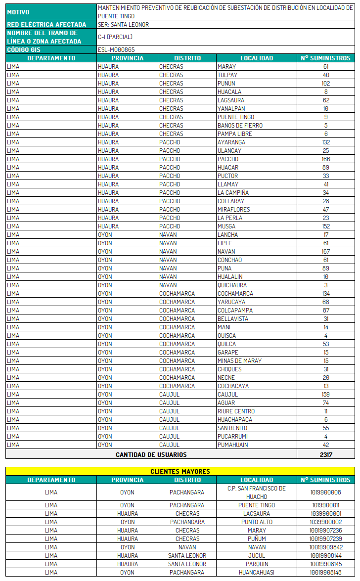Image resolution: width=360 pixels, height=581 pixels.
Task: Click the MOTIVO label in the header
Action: (18, 12)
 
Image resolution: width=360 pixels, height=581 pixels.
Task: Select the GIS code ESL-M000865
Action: (116, 49)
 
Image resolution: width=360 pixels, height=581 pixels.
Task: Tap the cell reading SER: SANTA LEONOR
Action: (123, 24)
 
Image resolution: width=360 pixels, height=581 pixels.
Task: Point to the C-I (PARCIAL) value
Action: (115, 37)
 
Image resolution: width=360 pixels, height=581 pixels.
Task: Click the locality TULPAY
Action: (228, 75)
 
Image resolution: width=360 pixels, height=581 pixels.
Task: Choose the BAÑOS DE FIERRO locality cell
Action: (240, 125)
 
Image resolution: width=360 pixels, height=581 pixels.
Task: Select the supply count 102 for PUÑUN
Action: (325, 83)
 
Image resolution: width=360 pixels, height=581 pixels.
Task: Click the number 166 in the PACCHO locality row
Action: (325, 159)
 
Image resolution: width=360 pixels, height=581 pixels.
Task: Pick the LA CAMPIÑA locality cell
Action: (233, 192)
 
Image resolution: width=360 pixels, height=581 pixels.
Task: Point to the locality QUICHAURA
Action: (232, 285)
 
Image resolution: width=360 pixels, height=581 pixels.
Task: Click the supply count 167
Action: (325, 251)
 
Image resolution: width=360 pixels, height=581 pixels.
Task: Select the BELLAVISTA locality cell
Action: (232, 318)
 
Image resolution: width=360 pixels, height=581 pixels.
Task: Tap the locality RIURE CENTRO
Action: (236, 411)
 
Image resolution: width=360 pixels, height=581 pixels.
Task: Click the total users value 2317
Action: (325, 454)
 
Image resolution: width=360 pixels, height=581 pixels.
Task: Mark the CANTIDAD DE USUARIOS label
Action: (151, 454)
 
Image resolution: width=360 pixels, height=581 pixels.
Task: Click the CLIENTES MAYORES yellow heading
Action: (180, 471)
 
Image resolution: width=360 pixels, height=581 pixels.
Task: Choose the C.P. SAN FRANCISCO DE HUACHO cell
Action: (256, 492)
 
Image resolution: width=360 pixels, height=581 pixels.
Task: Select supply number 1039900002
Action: (325, 522)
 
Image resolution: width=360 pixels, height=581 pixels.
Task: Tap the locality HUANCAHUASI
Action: (256, 572)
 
